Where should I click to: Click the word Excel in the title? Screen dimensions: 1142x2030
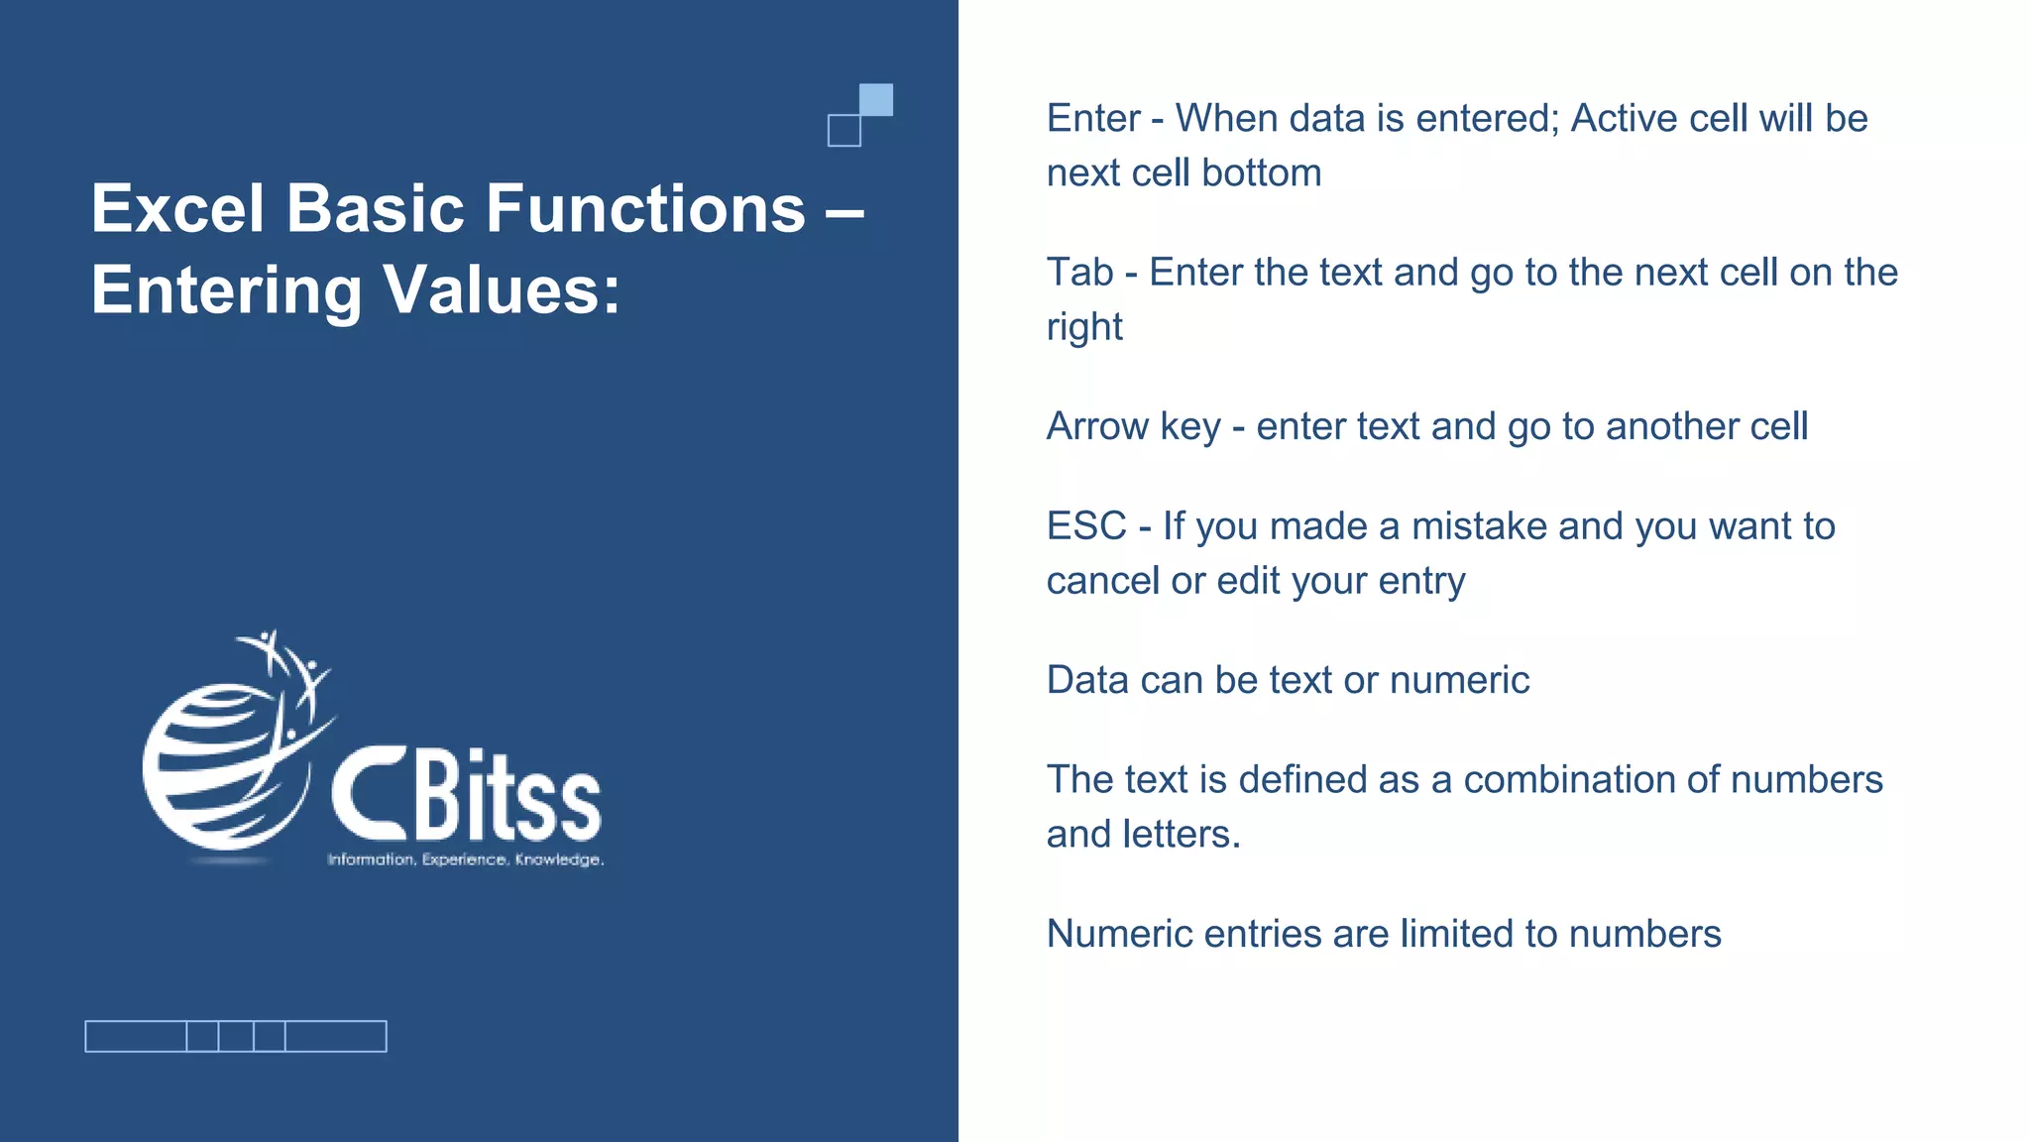178,209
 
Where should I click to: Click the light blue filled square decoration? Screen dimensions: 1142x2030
876,99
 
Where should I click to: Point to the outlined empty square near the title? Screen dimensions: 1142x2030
844,131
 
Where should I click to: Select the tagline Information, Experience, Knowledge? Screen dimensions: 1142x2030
465,859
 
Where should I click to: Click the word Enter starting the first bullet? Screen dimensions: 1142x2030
1093,119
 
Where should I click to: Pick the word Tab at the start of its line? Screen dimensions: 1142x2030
1079,273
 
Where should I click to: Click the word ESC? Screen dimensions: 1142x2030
1086,526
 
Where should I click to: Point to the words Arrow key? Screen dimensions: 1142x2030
1133,427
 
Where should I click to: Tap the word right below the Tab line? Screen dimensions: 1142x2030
1084,327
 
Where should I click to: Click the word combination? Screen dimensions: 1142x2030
1566,780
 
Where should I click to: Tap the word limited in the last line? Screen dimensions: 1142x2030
1455,934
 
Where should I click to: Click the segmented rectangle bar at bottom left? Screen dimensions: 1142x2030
236,1036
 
